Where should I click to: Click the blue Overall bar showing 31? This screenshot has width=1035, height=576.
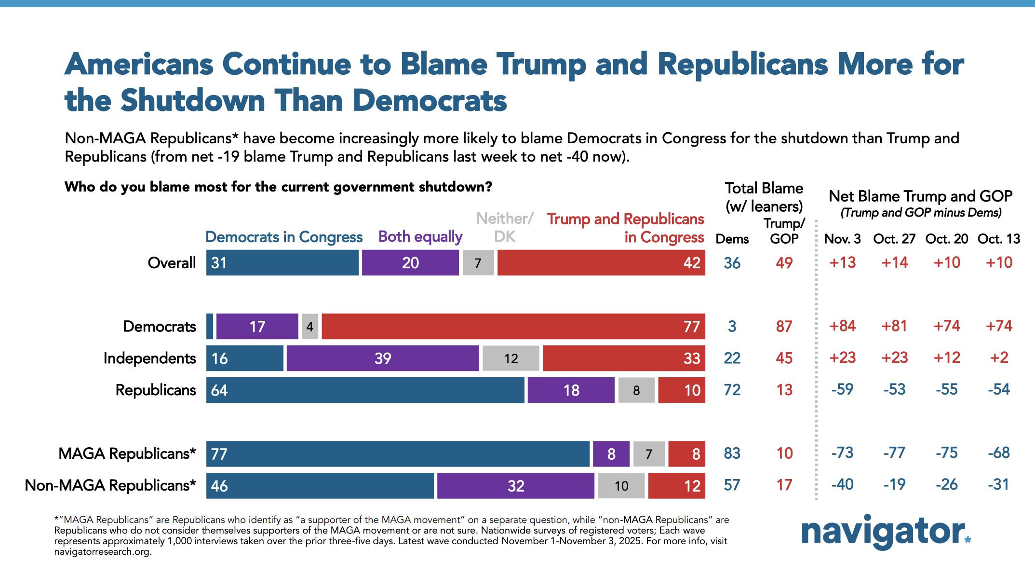pos(282,263)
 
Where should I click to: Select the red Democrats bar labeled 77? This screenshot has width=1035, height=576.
pos(513,327)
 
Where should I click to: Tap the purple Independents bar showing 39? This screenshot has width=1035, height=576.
pos(383,358)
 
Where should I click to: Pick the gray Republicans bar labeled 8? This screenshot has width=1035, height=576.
pos(636,390)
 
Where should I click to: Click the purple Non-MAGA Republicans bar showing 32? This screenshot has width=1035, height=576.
pos(516,486)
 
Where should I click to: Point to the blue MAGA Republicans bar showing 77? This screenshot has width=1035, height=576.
pos(398,454)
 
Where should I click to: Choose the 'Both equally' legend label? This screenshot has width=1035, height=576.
pos(420,237)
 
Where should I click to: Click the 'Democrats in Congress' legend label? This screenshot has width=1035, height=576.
pos(284,237)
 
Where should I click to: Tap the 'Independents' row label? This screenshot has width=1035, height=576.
pos(149,358)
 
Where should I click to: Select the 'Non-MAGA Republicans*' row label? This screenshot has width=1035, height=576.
pos(110,485)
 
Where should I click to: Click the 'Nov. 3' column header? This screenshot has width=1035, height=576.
pos(842,239)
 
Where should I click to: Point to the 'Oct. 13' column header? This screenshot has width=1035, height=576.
pos(999,239)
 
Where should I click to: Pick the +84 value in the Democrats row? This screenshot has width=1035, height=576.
pos(842,326)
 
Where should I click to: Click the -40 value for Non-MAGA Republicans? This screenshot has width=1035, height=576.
pos(842,484)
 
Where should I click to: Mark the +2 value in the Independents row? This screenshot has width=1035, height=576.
pos(999,358)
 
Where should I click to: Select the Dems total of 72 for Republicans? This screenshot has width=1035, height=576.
pos(732,390)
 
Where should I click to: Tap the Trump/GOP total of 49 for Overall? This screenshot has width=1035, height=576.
pos(784,263)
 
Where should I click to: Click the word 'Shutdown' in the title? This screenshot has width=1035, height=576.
pos(193,101)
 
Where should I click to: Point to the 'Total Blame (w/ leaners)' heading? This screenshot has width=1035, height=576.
pos(764,197)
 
